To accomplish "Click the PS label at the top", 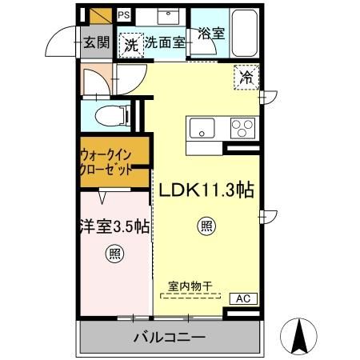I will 124,14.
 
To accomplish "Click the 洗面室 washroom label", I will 165,43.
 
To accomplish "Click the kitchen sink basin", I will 202,126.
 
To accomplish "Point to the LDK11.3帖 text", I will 206,190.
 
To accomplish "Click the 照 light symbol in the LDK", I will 206,226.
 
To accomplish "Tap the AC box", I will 243,298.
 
